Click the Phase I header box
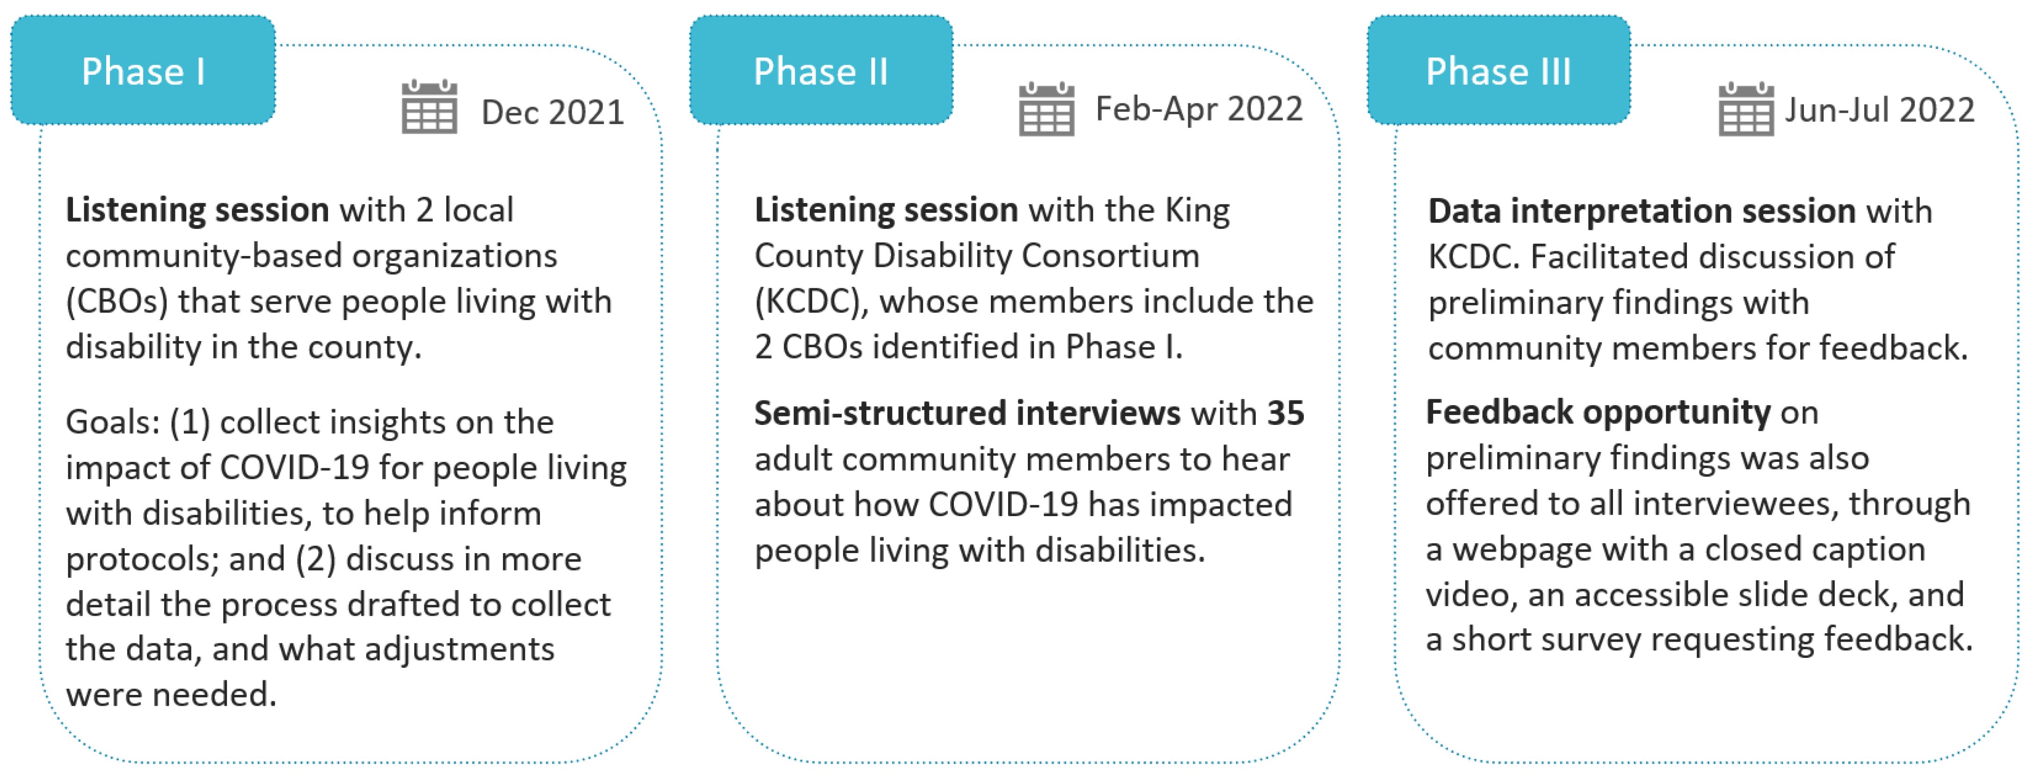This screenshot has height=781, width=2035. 143,70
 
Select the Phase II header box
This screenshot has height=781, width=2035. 821,70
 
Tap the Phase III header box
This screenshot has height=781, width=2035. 1498,70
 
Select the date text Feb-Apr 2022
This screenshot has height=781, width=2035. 1199,109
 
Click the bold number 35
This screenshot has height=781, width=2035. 1285,413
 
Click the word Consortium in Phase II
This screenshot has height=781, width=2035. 1110,256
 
